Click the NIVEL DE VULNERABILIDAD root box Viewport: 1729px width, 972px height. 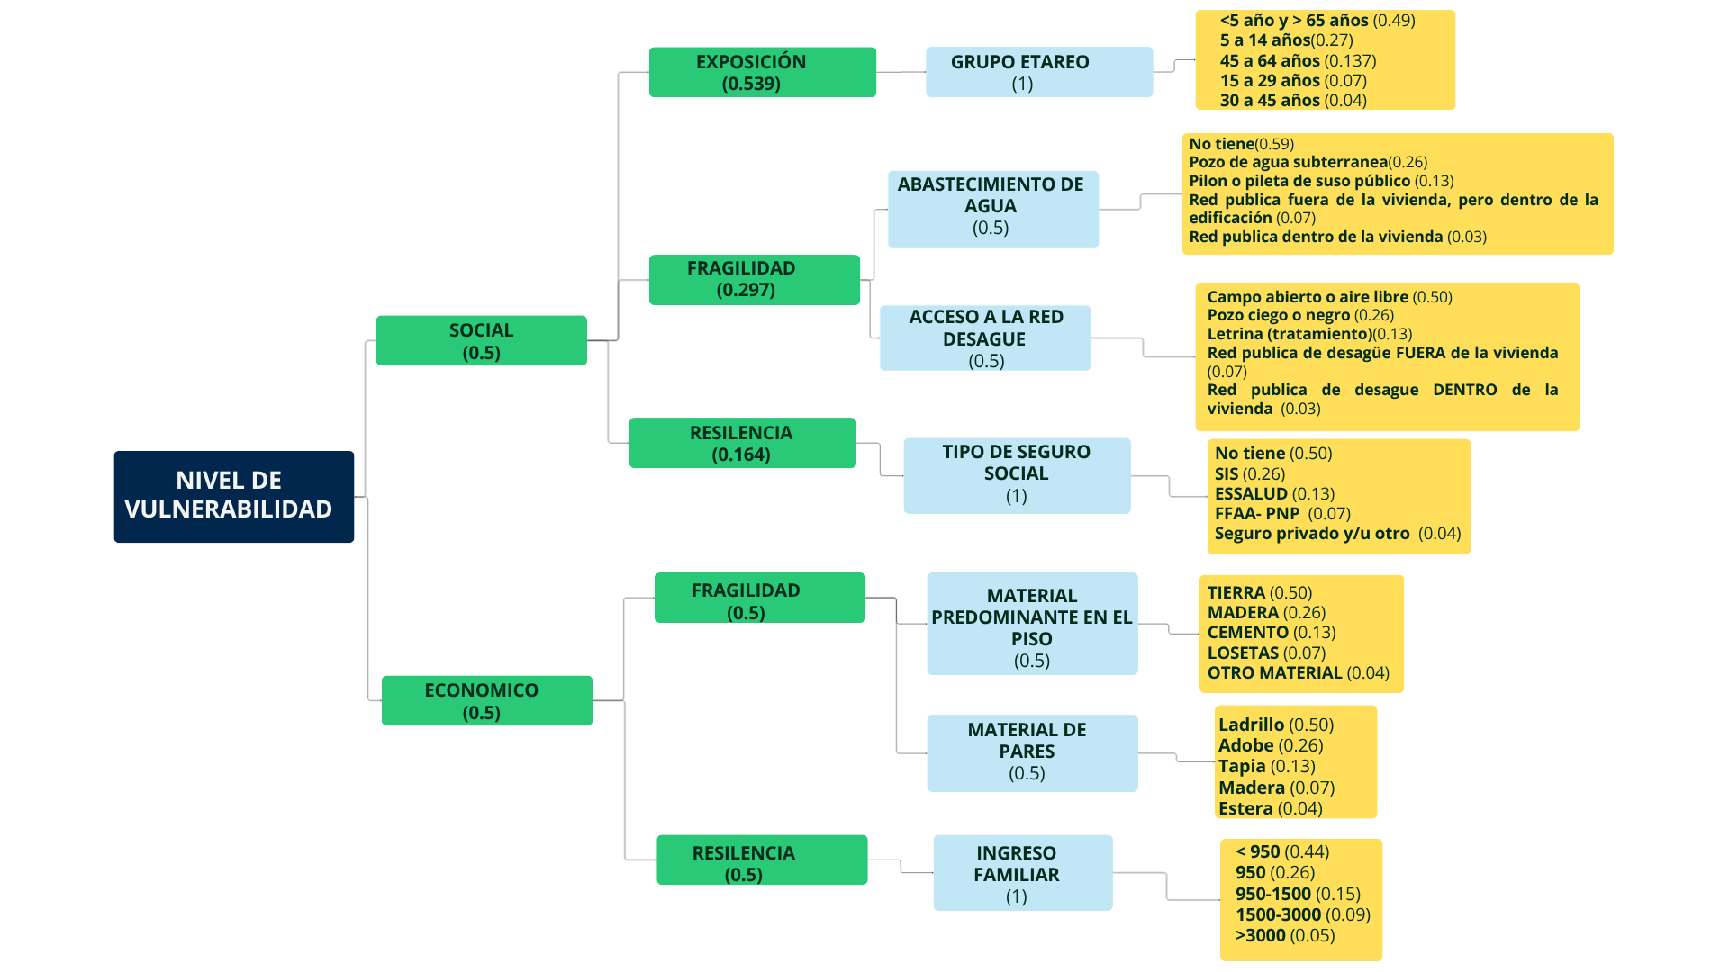233,496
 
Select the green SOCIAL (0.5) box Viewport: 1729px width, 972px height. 481,340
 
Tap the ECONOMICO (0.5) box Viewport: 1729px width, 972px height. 486,700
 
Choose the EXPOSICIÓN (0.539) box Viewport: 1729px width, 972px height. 762,72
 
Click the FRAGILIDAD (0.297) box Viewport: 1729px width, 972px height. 754,279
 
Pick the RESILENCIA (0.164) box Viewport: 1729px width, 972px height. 742,443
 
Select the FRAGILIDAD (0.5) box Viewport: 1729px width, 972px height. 759,598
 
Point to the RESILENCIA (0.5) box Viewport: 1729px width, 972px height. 761,859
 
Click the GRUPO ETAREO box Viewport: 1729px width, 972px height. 1038,72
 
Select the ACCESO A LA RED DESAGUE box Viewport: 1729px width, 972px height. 984,337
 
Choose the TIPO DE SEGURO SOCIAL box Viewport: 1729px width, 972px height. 1017,475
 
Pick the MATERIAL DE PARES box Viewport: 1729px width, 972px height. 1032,752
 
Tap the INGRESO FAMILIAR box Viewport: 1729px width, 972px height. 1022,873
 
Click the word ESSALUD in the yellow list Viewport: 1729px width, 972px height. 1251,493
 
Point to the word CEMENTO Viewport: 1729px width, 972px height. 1247,633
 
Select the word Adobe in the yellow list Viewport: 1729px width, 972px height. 1245,745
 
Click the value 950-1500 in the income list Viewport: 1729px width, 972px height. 1272,894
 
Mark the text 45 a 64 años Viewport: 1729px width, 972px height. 1270,61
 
